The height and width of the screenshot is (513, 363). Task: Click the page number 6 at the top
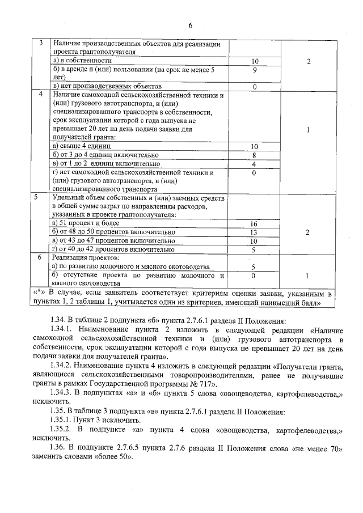point(191,26)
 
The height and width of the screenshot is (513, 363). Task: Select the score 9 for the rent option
point(255,70)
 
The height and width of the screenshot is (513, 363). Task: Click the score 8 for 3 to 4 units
point(255,154)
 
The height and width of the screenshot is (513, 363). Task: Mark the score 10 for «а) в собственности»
point(255,60)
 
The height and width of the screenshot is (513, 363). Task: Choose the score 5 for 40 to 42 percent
point(255,249)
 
